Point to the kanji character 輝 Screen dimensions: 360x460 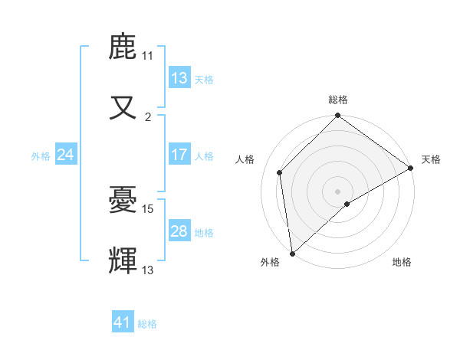click(123, 260)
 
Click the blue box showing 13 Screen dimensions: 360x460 click(179, 78)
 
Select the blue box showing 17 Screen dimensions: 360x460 click(179, 155)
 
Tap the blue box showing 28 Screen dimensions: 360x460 click(179, 231)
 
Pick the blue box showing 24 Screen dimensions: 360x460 click(66, 155)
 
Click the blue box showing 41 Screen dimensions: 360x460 click(123, 322)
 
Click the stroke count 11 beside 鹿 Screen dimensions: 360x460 click(148, 56)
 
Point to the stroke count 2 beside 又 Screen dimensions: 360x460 click(148, 117)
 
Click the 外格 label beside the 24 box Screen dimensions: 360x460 click(41, 155)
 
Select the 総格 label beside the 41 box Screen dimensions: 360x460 click(147, 324)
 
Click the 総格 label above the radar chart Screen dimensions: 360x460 click(338, 100)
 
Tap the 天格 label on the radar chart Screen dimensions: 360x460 click(431, 159)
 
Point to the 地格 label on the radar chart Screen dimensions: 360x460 click(402, 262)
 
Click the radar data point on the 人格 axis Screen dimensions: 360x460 click(280, 172)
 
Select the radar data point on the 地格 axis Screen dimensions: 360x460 click(347, 204)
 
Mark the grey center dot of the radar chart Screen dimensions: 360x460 click(338, 191)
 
